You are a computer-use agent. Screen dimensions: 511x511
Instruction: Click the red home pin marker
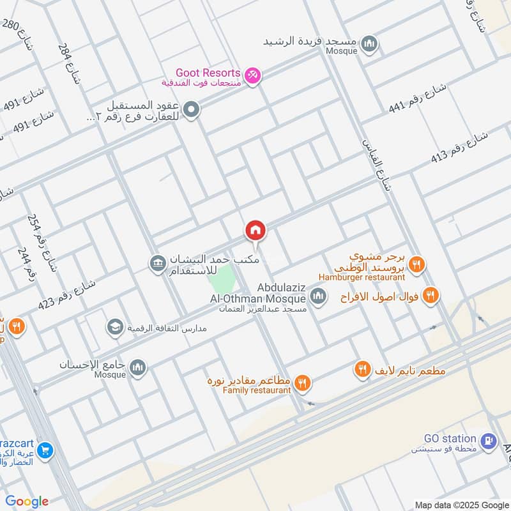click(x=256, y=231)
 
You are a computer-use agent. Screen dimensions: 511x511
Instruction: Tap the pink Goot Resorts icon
click(x=254, y=75)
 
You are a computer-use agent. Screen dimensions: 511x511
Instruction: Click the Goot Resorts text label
click(x=209, y=73)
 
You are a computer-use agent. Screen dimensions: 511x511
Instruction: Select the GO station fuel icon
click(x=489, y=440)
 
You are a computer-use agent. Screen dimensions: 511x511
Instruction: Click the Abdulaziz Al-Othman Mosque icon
click(x=318, y=296)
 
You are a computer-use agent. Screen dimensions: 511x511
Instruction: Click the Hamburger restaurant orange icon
click(x=416, y=264)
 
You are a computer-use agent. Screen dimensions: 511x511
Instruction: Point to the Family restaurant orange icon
click(x=303, y=383)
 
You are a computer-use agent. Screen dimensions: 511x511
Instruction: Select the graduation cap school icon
click(x=115, y=327)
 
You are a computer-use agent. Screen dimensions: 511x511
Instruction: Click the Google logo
click(x=27, y=501)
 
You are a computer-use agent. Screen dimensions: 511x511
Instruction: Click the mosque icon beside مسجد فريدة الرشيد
click(x=368, y=44)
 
